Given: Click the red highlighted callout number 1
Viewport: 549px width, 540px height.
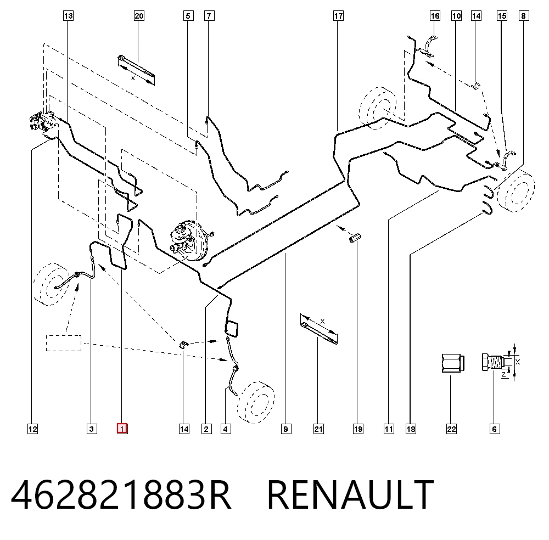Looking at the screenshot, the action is point(122,429).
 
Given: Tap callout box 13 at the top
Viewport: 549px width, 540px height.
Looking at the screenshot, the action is point(68,16).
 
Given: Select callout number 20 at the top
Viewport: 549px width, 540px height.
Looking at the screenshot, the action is point(139,16).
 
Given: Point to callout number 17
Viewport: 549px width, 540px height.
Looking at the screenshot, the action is point(338,16).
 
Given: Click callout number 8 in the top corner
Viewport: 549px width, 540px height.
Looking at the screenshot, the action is point(523,16).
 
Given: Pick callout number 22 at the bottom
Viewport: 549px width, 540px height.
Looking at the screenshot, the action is point(451,429).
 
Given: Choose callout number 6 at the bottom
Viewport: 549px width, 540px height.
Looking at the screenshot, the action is point(495,429).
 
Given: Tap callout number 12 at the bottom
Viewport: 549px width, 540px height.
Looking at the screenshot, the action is point(32,429).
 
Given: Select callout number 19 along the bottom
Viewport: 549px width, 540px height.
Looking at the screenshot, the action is point(358,429).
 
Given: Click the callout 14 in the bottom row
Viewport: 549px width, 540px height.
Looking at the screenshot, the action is point(184,429).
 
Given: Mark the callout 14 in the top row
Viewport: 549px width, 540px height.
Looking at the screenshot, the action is point(476,16).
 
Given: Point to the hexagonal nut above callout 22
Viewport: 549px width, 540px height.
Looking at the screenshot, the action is point(452,363).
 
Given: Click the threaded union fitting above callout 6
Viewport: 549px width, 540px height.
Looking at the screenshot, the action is point(494,362).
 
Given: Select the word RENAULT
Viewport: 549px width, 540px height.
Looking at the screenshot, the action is point(350,495).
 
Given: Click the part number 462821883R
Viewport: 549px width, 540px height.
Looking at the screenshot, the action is point(121,495).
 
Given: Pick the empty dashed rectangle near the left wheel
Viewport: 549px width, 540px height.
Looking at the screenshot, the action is point(64,343).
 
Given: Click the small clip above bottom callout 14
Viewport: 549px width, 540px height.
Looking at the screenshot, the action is point(183,345).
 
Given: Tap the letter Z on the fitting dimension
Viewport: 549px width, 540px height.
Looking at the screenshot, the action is point(504,375).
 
